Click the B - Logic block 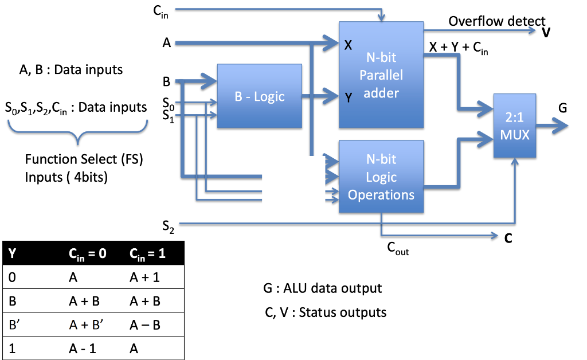(x=259, y=96)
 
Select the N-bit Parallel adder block (x=381, y=75)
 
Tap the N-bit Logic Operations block (x=381, y=177)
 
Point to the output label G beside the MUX (x=562, y=108)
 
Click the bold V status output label (x=546, y=33)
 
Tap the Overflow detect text (x=496, y=21)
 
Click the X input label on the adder (x=348, y=45)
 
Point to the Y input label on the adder (x=348, y=97)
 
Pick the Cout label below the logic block (x=398, y=248)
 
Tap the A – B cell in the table (x=144, y=324)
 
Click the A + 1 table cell (x=144, y=277)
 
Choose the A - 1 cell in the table (x=81, y=347)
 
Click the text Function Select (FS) (x=84, y=159)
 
